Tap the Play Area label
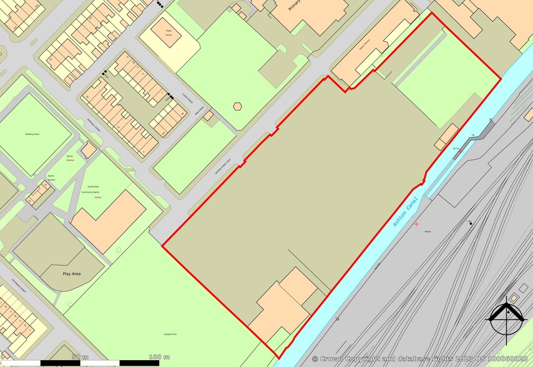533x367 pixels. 72,273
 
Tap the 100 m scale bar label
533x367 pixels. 160,356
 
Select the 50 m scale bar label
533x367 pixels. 79,356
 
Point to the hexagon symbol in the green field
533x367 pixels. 237,106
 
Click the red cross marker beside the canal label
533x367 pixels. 416,223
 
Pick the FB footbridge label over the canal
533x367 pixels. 473,135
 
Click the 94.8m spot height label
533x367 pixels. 428,232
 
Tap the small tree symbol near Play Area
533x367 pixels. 118,250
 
